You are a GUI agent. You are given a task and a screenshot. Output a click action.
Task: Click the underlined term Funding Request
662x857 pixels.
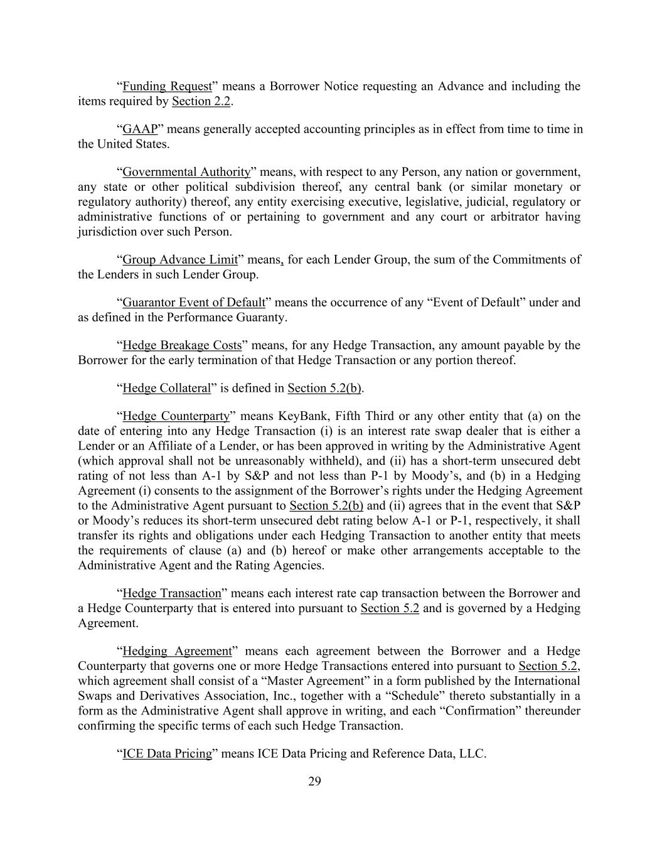[x=167, y=86]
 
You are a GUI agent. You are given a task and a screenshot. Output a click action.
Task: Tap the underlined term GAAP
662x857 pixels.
[x=140, y=129]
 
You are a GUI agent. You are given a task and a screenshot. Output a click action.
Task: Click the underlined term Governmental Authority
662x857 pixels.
[x=186, y=172]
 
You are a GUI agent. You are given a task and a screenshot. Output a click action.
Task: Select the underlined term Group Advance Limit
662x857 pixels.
[x=180, y=260]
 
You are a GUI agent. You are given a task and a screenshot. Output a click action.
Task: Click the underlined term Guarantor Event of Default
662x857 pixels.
[x=194, y=303]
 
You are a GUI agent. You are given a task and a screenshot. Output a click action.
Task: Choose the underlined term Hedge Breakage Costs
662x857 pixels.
[x=182, y=345]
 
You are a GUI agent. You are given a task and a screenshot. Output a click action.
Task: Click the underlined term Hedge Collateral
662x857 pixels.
[x=166, y=388]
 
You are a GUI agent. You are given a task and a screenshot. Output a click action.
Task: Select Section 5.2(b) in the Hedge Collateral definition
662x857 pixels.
[x=324, y=388]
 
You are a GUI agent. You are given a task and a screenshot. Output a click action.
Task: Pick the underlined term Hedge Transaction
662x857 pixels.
[x=172, y=593]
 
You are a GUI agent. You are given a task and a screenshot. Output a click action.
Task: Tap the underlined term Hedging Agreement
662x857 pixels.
[x=178, y=651]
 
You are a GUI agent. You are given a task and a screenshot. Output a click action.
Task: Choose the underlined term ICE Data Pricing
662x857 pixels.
[x=167, y=754]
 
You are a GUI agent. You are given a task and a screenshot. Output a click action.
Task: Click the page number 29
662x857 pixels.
[x=315, y=782]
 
